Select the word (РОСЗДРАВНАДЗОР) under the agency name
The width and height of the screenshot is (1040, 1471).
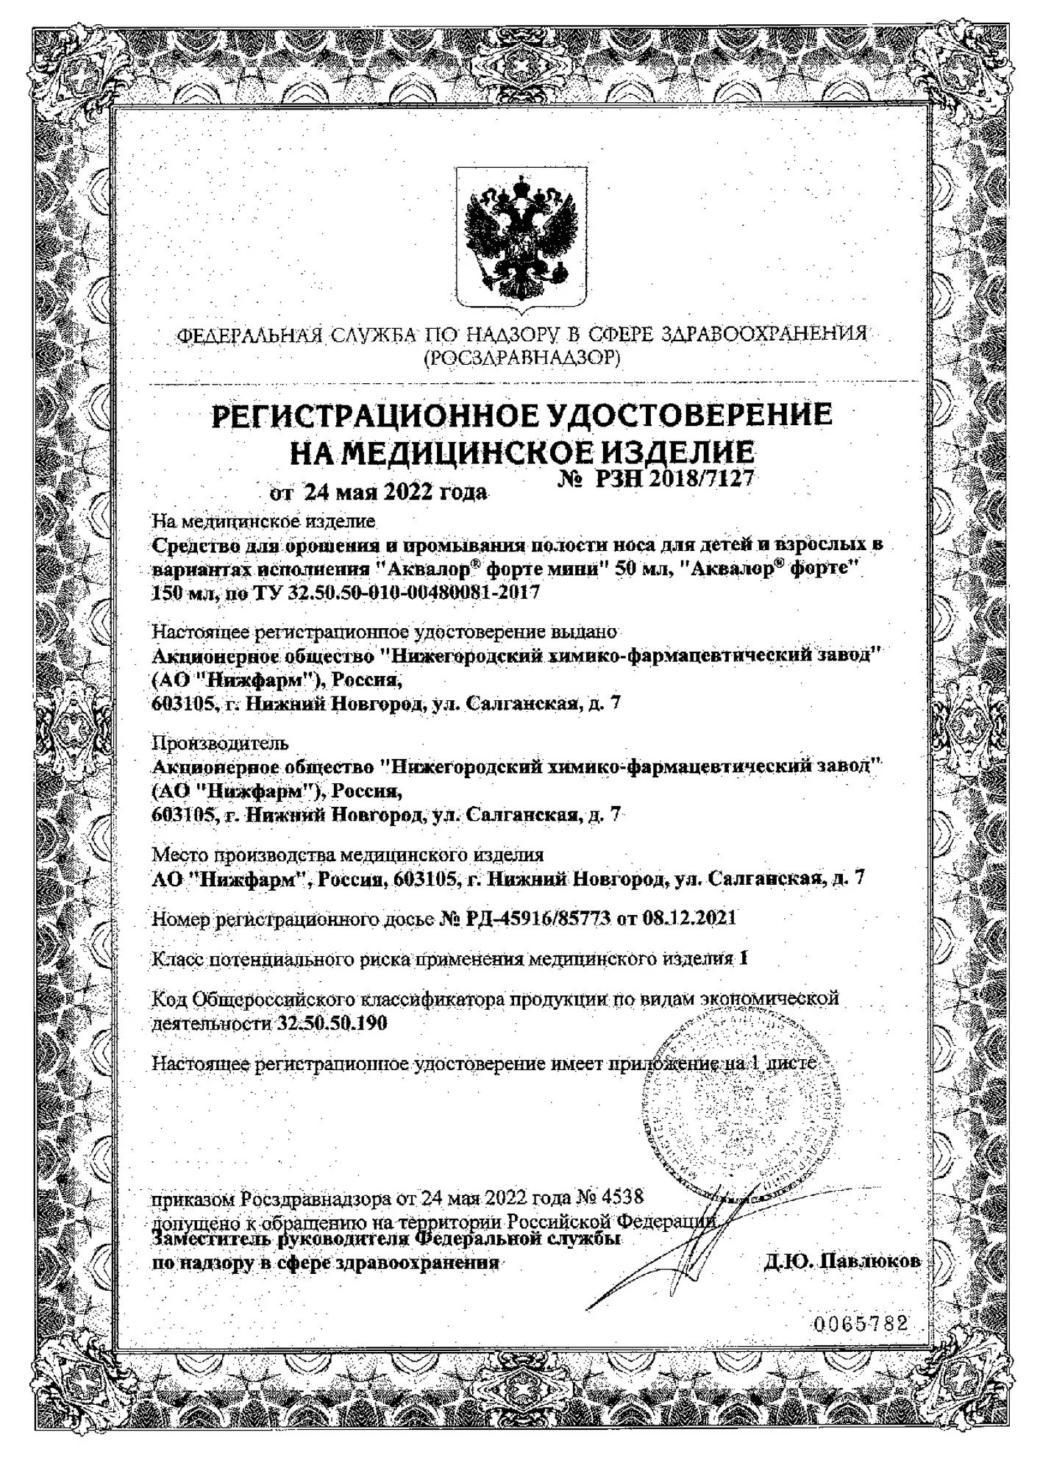(x=521, y=358)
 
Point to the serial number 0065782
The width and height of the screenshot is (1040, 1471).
(x=861, y=1325)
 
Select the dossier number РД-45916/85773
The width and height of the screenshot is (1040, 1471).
(x=539, y=918)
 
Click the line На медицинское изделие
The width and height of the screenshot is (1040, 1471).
(x=263, y=521)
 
